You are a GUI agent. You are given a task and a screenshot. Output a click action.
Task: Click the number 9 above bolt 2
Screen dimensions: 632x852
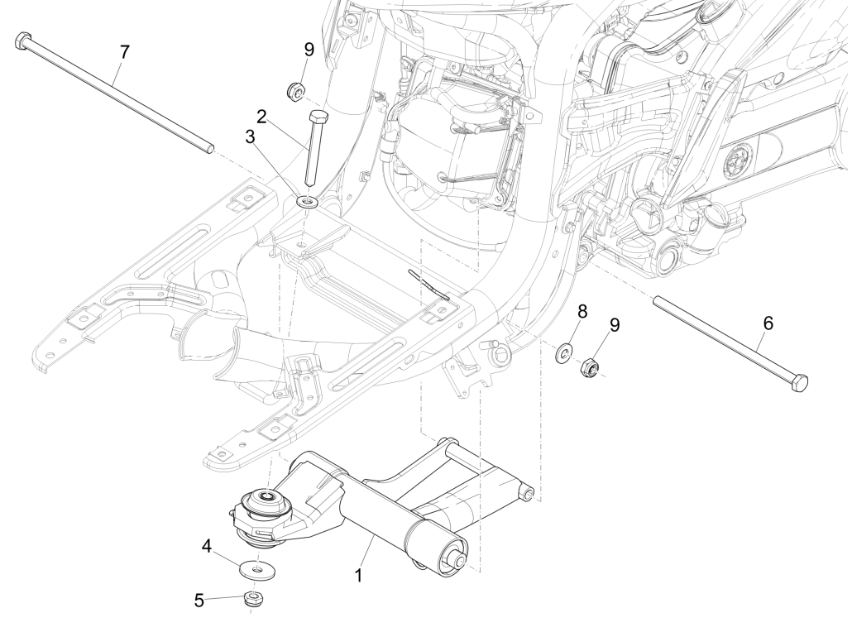point(309,50)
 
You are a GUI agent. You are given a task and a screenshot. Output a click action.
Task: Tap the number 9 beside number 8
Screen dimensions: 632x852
point(614,324)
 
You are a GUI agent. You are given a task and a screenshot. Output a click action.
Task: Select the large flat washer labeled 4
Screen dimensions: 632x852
point(259,569)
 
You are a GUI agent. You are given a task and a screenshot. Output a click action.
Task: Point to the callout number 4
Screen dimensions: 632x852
point(206,546)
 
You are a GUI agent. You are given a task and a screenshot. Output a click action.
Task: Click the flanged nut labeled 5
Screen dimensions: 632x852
point(251,598)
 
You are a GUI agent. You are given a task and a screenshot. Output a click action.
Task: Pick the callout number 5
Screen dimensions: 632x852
point(199,600)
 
